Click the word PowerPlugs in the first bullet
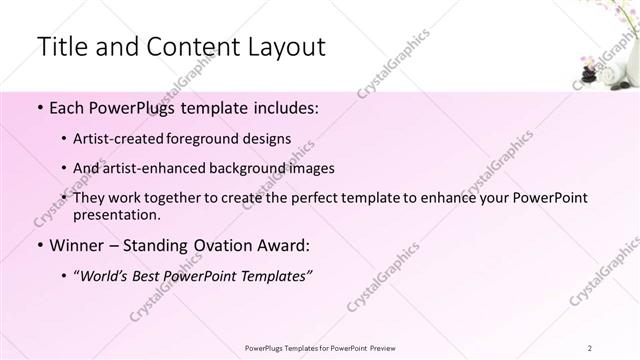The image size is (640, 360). coord(137,107)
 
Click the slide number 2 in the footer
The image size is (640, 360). coord(591,347)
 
